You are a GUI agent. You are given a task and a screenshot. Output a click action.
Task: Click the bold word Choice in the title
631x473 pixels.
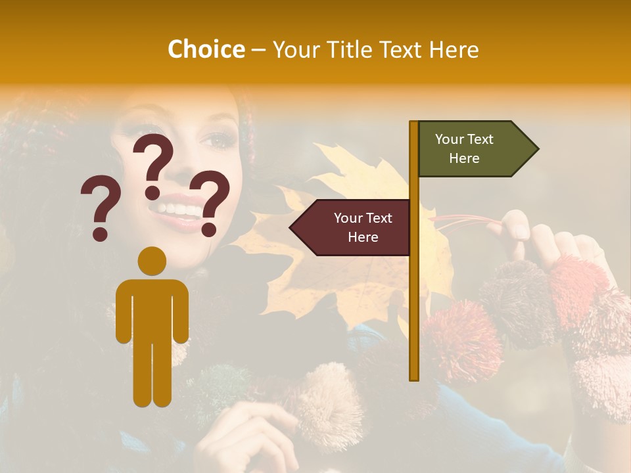point(206,50)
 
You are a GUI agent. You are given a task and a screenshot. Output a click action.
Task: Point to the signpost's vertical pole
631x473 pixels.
point(414,296)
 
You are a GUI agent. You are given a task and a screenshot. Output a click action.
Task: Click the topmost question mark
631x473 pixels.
point(153,164)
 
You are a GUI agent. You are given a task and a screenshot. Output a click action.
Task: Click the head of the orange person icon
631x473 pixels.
point(152,261)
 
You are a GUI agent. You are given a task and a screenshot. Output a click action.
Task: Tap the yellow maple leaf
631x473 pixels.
point(348,276)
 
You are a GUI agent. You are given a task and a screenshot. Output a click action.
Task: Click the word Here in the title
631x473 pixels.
point(453,50)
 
